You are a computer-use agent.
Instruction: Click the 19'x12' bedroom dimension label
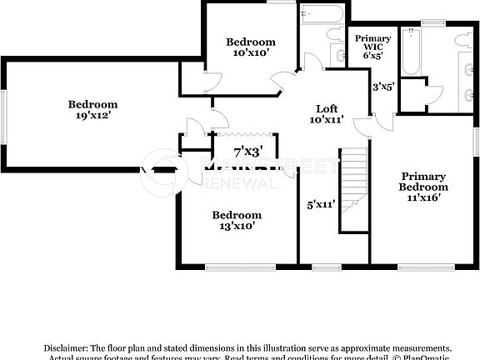[x=92, y=117]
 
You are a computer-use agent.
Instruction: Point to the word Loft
[x=326, y=109]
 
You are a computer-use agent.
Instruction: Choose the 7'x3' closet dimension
[x=247, y=152]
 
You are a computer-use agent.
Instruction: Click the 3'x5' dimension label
[x=382, y=86]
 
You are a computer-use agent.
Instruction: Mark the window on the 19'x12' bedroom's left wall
[x=3, y=113]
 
